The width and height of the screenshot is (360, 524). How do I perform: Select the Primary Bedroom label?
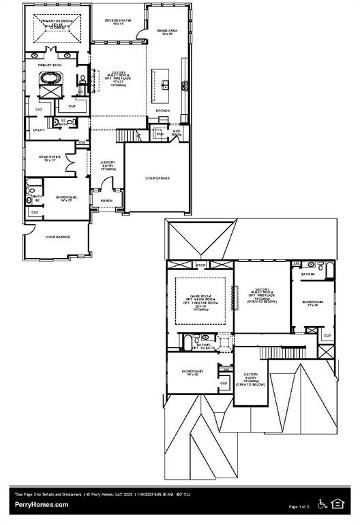(x=57, y=23)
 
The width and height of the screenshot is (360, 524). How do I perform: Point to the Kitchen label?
(x=163, y=111)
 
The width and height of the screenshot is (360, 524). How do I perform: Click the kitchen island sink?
(x=164, y=85)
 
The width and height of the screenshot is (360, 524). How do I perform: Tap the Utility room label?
(x=39, y=129)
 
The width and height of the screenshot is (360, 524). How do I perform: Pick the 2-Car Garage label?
(x=157, y=178)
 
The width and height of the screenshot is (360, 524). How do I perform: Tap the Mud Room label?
(x=177, y=134)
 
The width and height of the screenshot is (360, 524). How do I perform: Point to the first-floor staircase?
(x=128, y=136)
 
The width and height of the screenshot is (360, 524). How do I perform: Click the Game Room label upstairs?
(x=199, y=299)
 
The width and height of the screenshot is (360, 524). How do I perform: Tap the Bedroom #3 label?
(x=193, y=373)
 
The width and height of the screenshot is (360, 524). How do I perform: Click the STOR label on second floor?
(x=201, y=265)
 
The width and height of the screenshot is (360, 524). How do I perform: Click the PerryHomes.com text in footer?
(x=42, y=504)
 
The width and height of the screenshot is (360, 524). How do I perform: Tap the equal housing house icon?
(x=337, y=504)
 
